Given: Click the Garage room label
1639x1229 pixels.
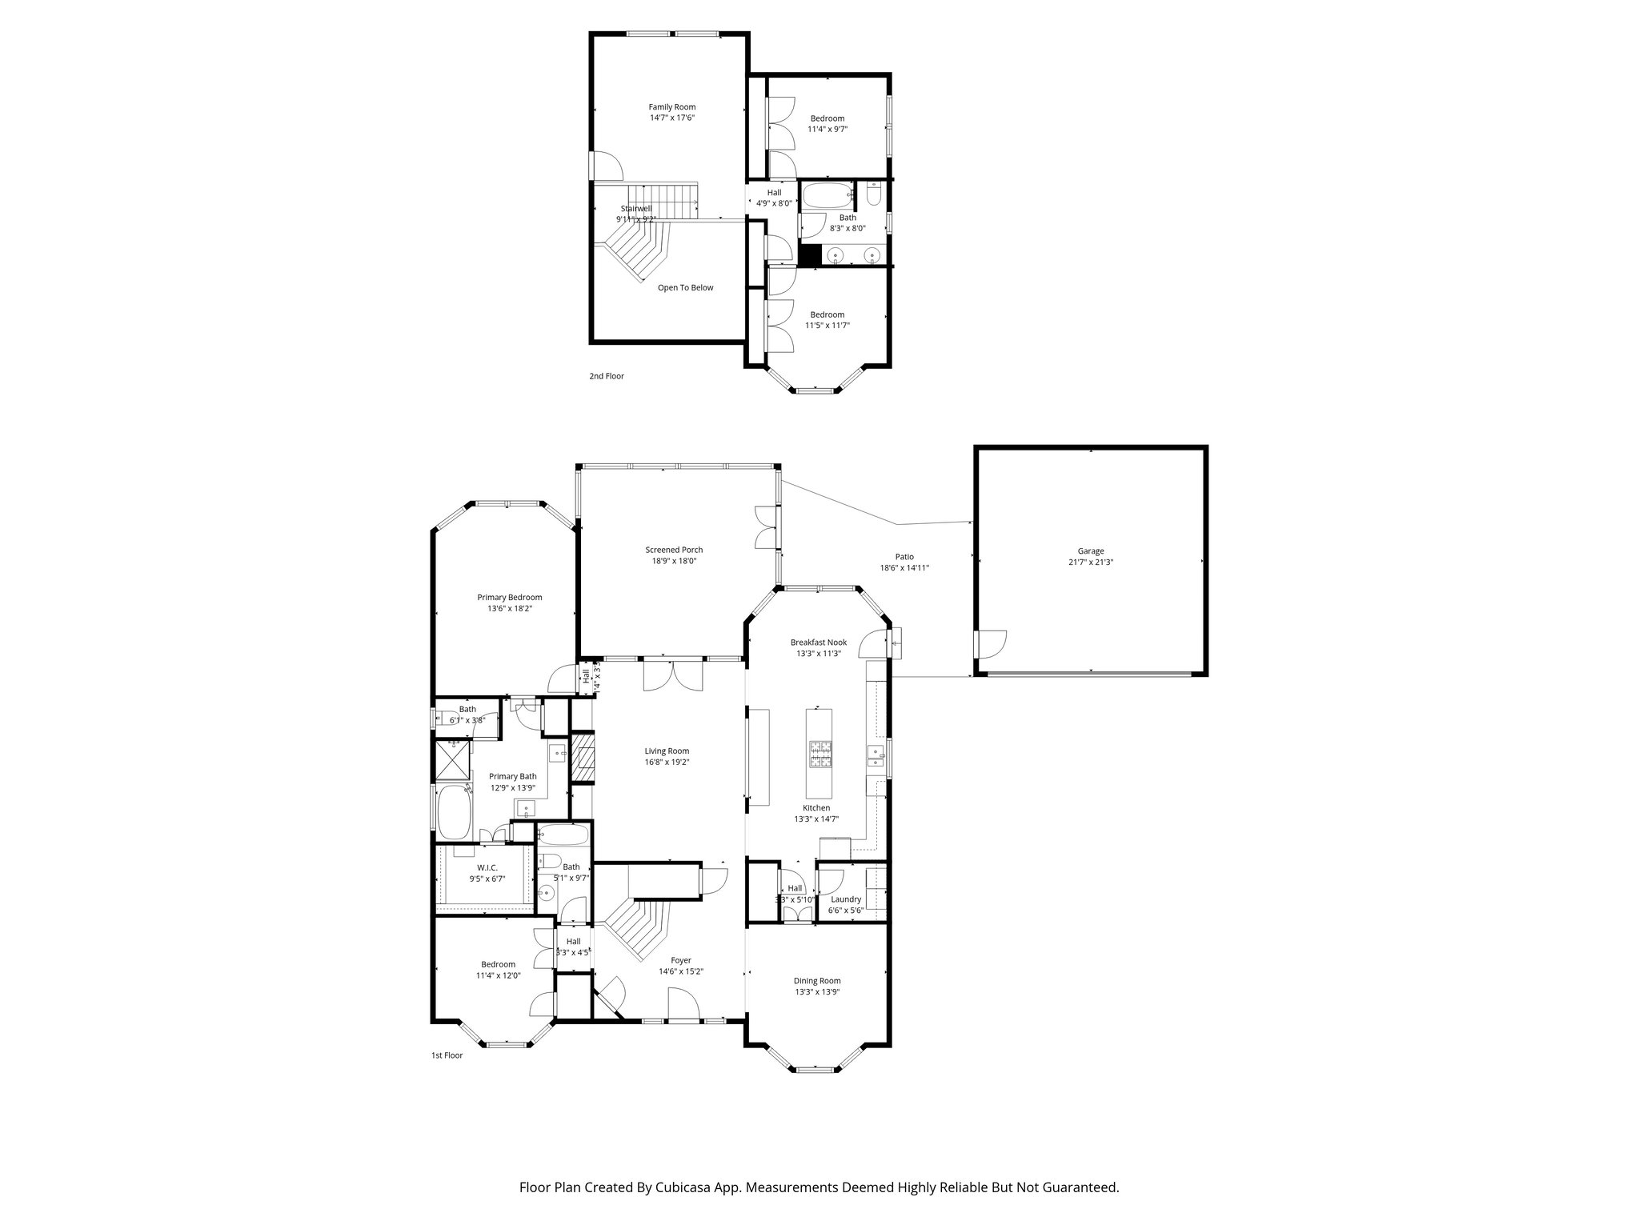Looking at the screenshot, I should click(1090, 550).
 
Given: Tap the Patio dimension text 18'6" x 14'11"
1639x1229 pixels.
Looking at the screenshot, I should click(904, 568).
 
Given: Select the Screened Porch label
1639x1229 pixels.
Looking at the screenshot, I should click(674, 550).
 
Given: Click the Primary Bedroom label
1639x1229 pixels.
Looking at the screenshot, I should click(509, 597).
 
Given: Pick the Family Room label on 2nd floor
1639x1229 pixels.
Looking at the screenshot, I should click(671, 106).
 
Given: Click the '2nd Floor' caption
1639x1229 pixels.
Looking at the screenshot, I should click(607, 376).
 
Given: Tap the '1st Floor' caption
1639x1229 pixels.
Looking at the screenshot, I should click(447, 1055).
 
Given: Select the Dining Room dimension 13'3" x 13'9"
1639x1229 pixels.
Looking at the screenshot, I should click(817, 992).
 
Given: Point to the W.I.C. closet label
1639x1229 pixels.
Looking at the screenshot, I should click(487, 867).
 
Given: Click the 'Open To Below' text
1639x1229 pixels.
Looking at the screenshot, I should click(685, 288).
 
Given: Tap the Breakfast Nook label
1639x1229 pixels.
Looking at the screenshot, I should click(818, 642).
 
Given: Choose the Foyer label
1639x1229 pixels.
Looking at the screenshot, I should click(680, 960).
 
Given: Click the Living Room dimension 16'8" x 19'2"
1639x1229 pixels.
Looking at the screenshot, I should click(667, 763).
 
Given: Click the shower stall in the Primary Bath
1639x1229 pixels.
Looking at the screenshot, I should click(452, 759).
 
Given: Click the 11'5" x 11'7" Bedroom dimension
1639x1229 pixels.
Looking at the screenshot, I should click(827, 326).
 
